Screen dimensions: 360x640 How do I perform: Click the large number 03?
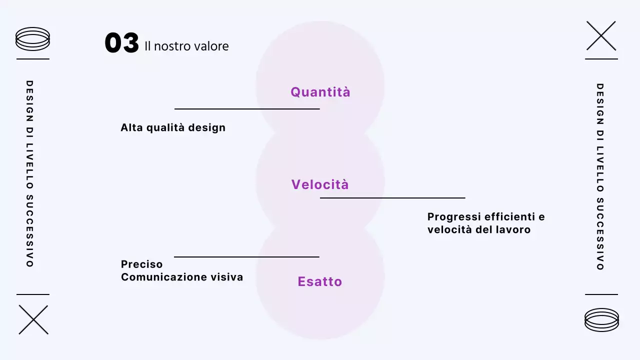coord(121,43)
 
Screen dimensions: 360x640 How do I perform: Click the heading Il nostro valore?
coord(186,46)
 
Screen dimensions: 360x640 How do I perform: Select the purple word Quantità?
coord(320,92)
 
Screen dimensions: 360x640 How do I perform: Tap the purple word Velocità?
coord(320,184)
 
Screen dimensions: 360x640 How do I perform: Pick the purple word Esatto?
coord(320,281)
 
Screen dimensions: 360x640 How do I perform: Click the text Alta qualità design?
coord(173,127)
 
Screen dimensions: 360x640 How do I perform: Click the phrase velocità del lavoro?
coord(479,230)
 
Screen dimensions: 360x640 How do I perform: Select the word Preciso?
coord(142,264)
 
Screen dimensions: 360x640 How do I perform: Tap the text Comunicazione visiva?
coord(182,277)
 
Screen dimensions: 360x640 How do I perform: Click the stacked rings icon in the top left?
coord(33,39)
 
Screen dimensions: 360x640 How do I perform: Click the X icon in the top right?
coord(601,35)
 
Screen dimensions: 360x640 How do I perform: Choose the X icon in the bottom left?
coord(33,319)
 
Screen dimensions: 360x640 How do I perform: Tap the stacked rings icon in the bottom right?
coord(601,319)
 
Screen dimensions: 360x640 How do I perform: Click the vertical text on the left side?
coord(29,173)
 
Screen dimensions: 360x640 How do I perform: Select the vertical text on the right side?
coord(600,176)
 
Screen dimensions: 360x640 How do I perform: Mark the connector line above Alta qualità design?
coord(247,108)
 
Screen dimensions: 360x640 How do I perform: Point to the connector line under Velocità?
coord(392,198)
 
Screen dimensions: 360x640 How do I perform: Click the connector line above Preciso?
coord(246,257)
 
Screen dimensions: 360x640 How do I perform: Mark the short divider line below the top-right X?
coord(601,59)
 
